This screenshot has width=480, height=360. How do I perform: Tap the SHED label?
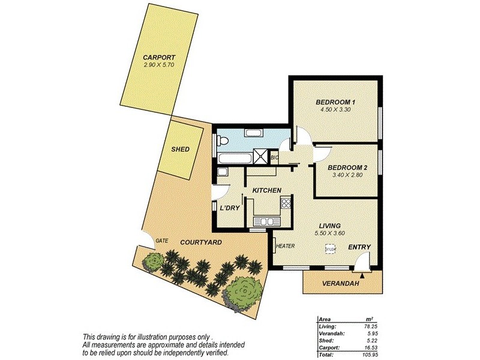(181, 149)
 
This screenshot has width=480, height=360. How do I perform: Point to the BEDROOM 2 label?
(347, 167)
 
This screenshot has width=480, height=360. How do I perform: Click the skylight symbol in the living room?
(329, 248)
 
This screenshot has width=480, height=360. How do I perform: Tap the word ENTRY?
(359, 247)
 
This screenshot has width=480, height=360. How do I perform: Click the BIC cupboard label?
(274, 158)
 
